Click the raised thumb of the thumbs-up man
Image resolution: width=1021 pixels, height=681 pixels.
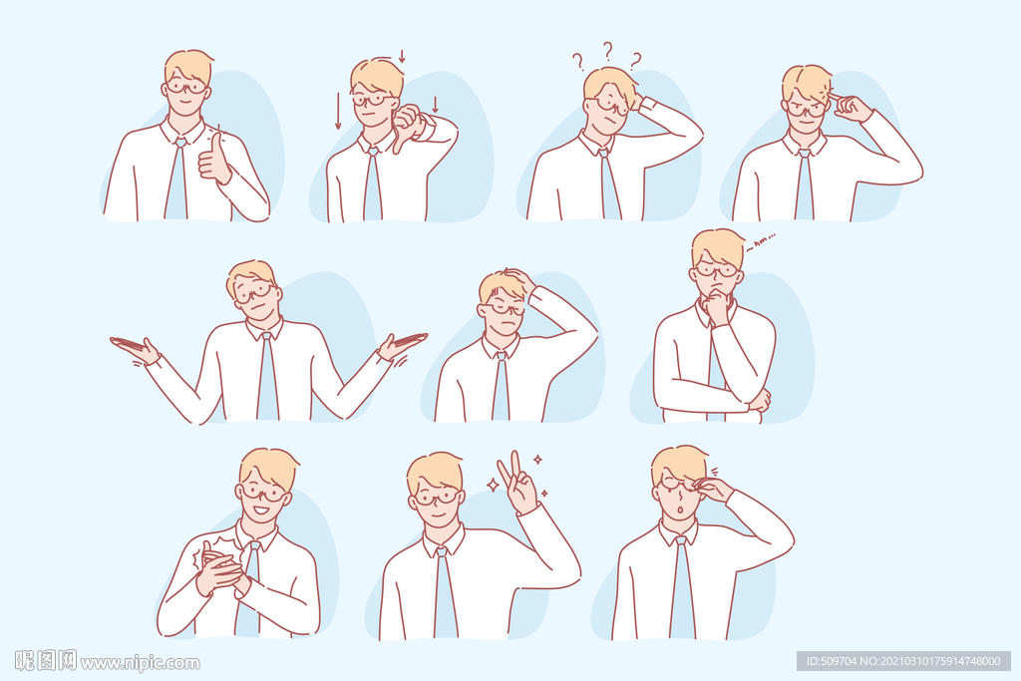[x=216, y=145]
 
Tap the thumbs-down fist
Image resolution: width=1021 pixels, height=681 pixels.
[x=407, y=125]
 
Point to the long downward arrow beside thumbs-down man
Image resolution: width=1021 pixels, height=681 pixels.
[x=338, y=111]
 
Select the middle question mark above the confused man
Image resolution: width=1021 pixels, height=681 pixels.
[x=607, y=51]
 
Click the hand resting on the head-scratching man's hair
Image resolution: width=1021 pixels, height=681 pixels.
[x=518, y=280]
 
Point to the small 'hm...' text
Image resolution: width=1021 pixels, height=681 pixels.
[x=760, y=242]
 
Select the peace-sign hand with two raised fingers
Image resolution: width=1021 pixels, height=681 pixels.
[x=518, y=482]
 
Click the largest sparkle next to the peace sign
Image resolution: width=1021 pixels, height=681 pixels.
[x=494, y=485]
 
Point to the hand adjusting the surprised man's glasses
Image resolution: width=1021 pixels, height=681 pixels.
[x=712, y=489]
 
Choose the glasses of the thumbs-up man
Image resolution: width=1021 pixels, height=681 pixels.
[x=186, y=87]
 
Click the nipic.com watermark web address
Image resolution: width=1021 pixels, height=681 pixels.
[x=140, y=663]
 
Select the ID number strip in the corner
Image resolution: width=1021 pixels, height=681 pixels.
[x=903, y=661]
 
